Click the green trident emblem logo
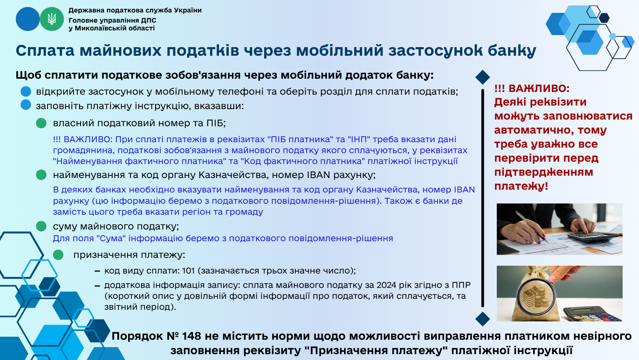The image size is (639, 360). coord(52,19)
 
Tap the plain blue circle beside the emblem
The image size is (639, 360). coord(28,19)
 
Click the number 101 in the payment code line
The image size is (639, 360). coord(188,270)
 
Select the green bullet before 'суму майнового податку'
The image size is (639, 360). coord(41,226)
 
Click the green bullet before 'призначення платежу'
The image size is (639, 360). coord(58,255)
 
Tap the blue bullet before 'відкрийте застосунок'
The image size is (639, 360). coord(26,91)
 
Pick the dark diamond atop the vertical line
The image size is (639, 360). coord(483,77)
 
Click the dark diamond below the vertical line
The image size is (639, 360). coord(483,319)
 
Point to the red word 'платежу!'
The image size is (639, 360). coord(521,186)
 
